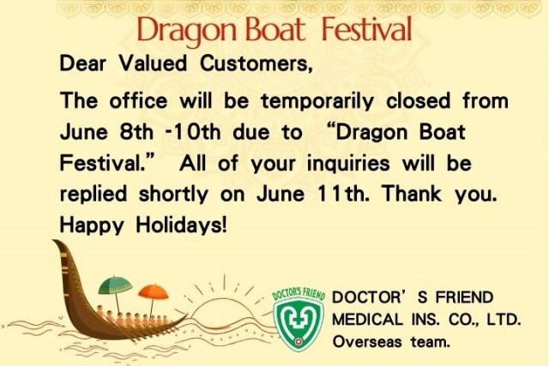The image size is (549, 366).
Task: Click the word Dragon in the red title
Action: click(177, 31)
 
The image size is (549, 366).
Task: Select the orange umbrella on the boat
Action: click(153, 291)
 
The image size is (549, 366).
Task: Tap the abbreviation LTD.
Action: click(502, 320)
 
